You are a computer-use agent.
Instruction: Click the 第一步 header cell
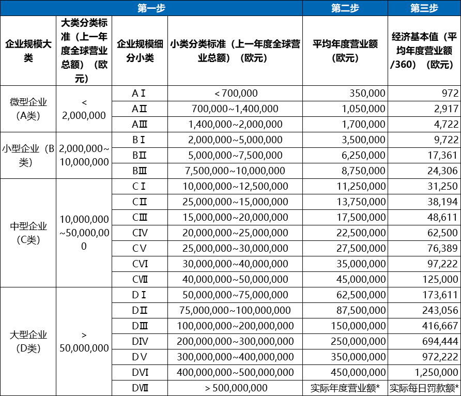tap(151, 8)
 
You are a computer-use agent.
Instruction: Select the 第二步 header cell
tap(345, 8)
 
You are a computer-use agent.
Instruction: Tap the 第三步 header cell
tap(424, 8)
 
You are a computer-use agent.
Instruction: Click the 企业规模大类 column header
tap(28, 51)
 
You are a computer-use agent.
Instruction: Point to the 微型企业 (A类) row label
tap(28, 109)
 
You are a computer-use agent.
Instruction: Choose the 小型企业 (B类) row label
tap(28, 155)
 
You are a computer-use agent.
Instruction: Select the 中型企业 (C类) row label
tap(28, 233)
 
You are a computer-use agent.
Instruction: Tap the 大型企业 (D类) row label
tap(28, 341)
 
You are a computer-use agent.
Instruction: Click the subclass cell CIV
tap(140, 233)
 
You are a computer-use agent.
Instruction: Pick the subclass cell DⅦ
tap(140, 388)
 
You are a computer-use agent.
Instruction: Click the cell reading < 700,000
tap(235, 93)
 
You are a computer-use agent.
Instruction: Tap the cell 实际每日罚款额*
tap(424, 388)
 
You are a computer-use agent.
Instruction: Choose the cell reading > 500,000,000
tap(235, 388)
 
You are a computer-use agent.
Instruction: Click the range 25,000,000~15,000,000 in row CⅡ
tap(235, 202)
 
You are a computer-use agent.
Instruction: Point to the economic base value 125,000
tap(440, 279)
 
